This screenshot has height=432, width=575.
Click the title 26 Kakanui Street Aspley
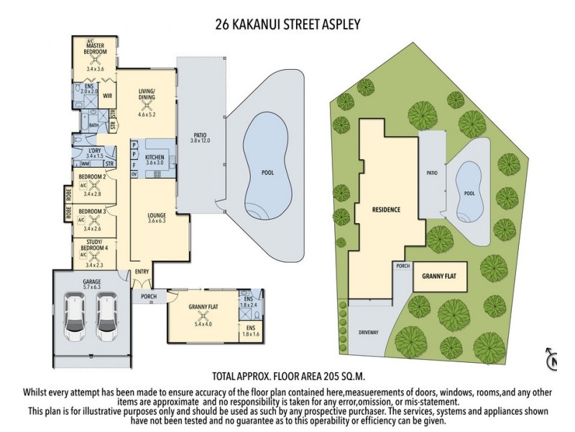tap(287, 24)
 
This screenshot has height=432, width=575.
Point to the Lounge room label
tap(156, 214)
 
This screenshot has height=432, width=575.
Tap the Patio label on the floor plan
tap(200, 133)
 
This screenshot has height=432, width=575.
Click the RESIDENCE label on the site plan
tap(386, 210)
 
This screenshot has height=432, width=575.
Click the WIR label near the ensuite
tap(108, 94)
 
